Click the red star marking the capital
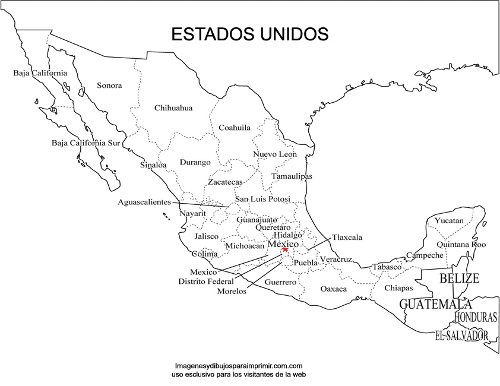tap(285, 249)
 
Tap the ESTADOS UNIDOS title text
tap(249, 34)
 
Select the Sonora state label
tap(109, 86)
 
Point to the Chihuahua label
tap(173, 108)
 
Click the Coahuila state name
tap(235, 128)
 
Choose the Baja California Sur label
tap(86, 143)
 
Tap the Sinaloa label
tap(153, 165)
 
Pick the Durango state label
tap(195, 162)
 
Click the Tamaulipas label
tap(292, 176)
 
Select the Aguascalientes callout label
tap(144, 202)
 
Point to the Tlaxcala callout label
tap(347, 238)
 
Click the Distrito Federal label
tap(206, 281)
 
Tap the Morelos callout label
tap(232, 292)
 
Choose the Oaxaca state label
tap(334, 289)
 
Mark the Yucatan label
tap(449, 221)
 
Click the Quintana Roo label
tap(461, 244)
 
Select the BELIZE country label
tap(459, 278)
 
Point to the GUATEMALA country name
tap(435, 305)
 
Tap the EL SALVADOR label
tap(461, 336)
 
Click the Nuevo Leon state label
tap(275, 154)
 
